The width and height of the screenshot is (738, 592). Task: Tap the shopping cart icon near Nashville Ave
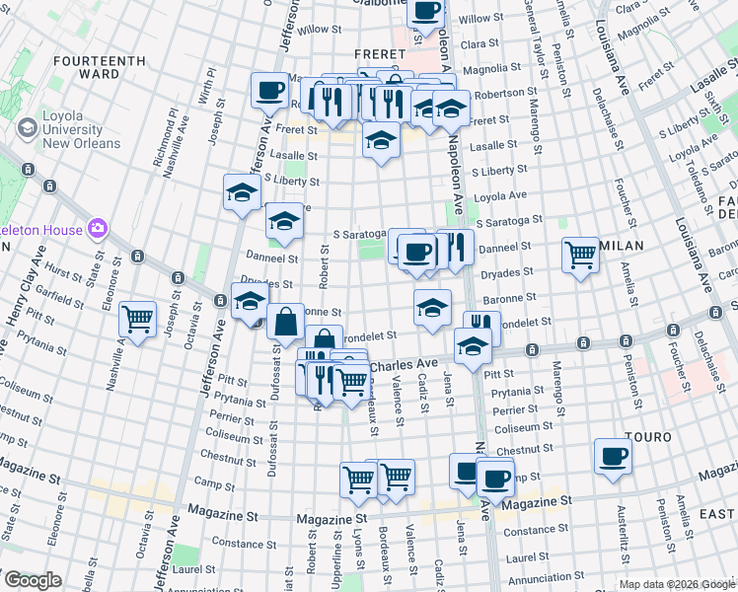click(137, 318)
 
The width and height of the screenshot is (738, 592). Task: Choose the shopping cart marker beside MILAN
click(580, 255)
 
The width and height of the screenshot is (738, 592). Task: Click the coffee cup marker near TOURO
click(613, 456)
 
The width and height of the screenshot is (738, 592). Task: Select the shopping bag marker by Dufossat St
click(285, 320)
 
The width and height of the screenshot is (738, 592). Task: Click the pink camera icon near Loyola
click(97, 229)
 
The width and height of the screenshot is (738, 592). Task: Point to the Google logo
click(33, 581)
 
